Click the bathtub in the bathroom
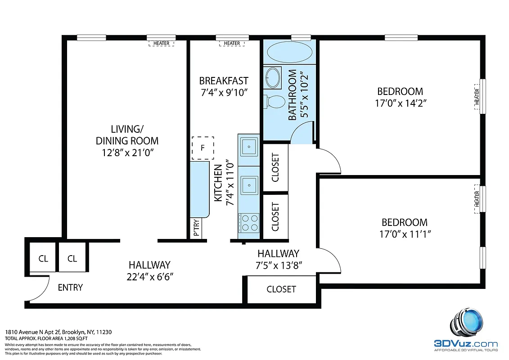pos(289,53)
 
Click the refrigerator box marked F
pos(203,148)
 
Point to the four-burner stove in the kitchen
pos(249,222)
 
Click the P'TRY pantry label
pos(196,228)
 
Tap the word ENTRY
pos(70,287)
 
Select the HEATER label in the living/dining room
pos(161,43)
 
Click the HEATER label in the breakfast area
pos(232,43)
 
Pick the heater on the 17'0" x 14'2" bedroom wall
pos(477,96)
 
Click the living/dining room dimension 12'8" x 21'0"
pos(127,152)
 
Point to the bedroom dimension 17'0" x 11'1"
pos(404,234)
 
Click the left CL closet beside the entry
pos(43,258)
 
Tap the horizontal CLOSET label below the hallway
pos(281,289)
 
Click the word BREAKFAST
pos(224,81)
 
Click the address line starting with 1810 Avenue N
pos(58,332)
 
